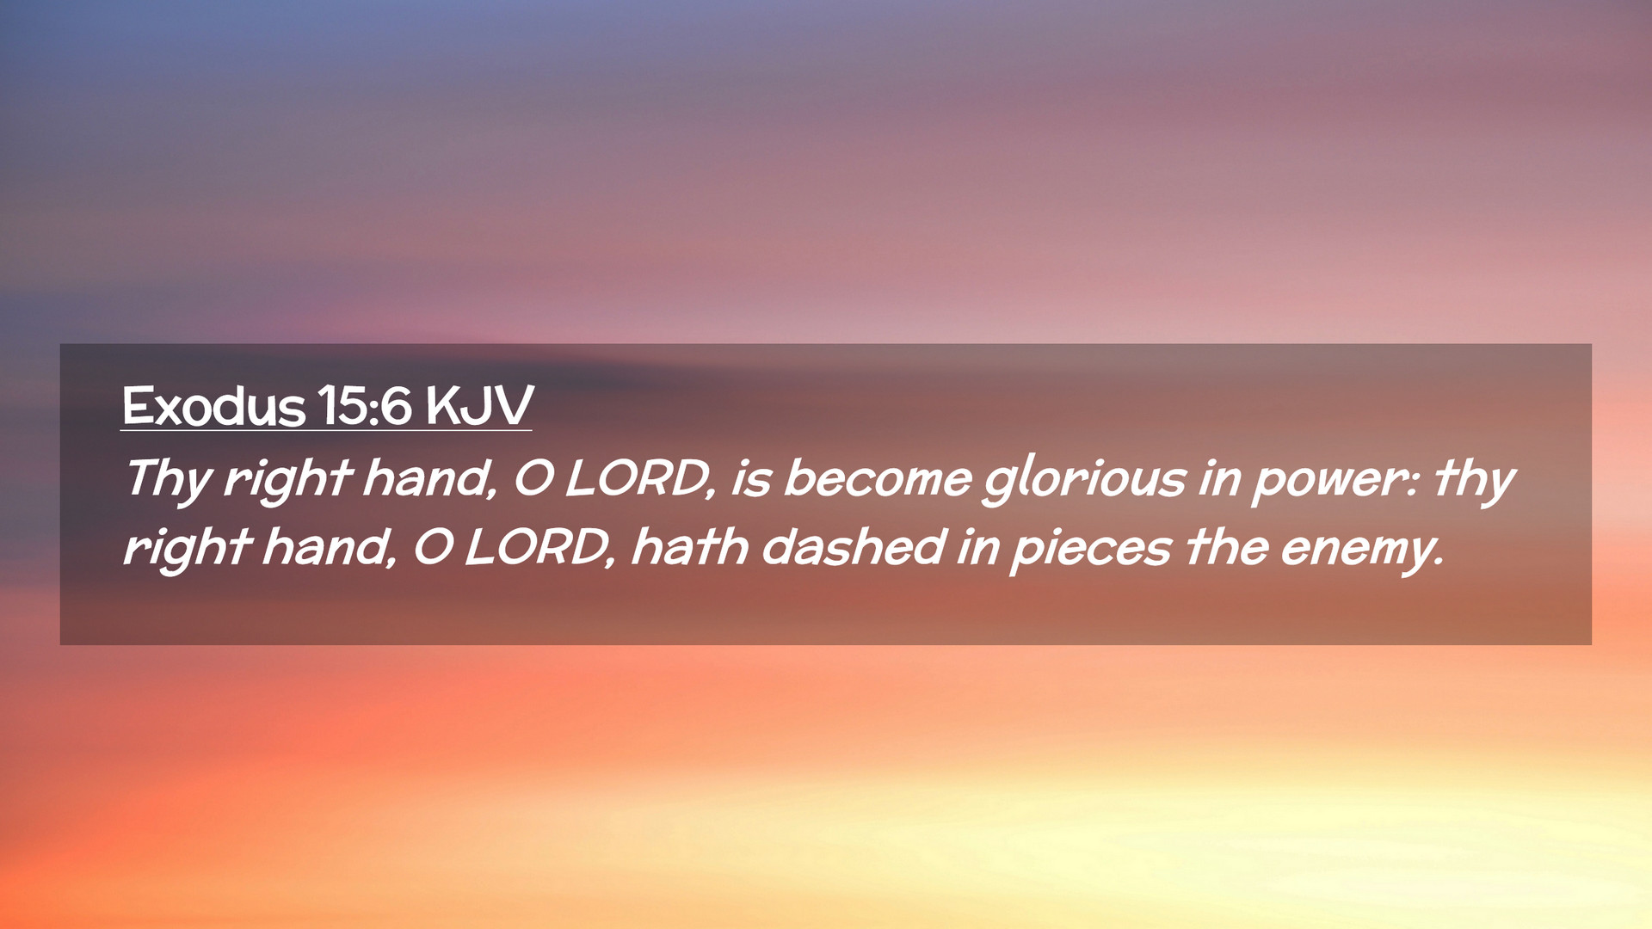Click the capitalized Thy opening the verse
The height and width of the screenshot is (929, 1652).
[x=168, y=479]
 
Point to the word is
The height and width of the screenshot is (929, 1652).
[x=750, y=478]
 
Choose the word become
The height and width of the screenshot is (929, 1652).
[x=878, y=478]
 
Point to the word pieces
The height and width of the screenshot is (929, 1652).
[x=1091, y=551]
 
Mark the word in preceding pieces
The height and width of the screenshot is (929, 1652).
[x=977, y=548]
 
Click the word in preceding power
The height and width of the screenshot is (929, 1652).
[x=1218, y=479]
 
